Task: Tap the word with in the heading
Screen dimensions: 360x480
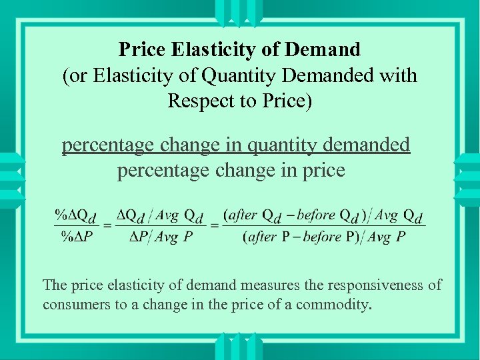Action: point(398,75)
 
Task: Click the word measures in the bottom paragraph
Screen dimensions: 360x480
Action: point(265,285)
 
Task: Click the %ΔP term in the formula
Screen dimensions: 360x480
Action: point(76,237)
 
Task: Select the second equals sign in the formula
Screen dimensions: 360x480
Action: point(215,227)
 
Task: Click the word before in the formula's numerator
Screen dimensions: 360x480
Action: point(315,215)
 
